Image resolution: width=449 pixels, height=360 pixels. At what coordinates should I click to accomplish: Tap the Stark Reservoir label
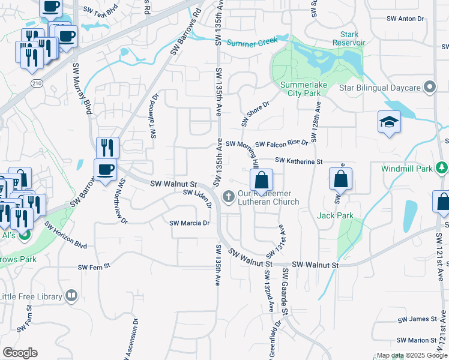point(349,38)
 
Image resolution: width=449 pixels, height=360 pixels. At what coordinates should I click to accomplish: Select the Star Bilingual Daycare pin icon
point(429,88)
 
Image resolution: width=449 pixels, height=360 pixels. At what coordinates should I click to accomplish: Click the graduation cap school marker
point(389,122)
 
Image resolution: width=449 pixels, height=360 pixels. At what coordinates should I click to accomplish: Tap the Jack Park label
point(335,215)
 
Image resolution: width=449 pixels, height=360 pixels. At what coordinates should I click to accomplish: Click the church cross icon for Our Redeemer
point(228,196)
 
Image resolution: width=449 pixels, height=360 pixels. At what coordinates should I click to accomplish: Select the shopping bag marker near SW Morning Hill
point(261,179)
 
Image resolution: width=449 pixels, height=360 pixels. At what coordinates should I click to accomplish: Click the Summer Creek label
point(253,42)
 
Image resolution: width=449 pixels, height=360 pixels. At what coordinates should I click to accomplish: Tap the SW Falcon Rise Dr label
point(281,144)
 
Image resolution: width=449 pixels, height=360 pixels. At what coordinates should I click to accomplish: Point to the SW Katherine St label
point(299,161)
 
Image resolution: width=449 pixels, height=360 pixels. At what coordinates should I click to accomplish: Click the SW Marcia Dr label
point(189,223)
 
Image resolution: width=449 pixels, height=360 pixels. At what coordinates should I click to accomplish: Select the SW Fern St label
point(94,266)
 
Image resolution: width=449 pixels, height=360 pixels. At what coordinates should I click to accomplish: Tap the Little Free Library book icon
point(71,296)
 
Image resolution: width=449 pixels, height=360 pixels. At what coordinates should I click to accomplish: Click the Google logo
point(20,353)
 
